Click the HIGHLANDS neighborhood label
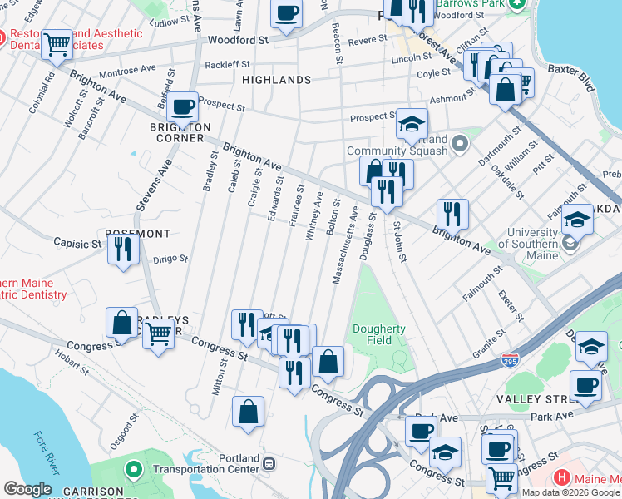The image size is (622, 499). [277, 80]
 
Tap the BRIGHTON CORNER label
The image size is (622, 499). [180, 132]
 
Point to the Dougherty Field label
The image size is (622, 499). [378, 334]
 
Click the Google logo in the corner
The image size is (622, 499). [27, 489]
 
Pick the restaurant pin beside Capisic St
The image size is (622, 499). [123, 248]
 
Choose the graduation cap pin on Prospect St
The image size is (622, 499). [411, 124]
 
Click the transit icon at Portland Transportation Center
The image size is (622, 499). [269, 463]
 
